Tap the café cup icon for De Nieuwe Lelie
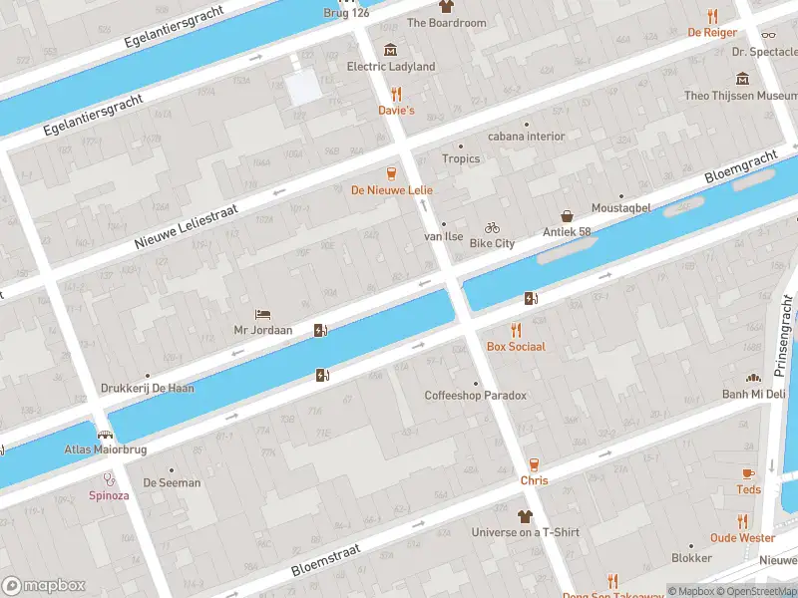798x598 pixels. pyautogui.click(x=391, y=172)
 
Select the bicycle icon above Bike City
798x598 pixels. pyautogui.click(x=492, y=227)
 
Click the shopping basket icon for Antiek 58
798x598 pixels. pyautogui.click(x=567, y=216)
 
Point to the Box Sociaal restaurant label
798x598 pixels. pyautogui.click(x=516, y=346)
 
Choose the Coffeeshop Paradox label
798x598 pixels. pyautogui.click(x=475, y=396)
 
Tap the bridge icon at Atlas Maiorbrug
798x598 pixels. pyautogui.click(x=104, y=435)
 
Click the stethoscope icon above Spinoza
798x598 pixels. pyautogui.click(x=108, y=478)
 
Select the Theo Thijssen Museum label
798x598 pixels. pyautogui.click(x=740, y=96)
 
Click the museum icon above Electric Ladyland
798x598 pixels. pyautogui.click(x=390, y=50)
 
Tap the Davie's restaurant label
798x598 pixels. pyautogui.click(x=396, y=111)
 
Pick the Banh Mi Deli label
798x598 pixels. pyautogui.click(x=753, y=394)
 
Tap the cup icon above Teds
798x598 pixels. pyautogui.click(x=748, y=473)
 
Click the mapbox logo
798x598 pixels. pyautogui.click(x=44, y=585)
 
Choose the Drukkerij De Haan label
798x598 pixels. pyautogui.click(x=148, y=389)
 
